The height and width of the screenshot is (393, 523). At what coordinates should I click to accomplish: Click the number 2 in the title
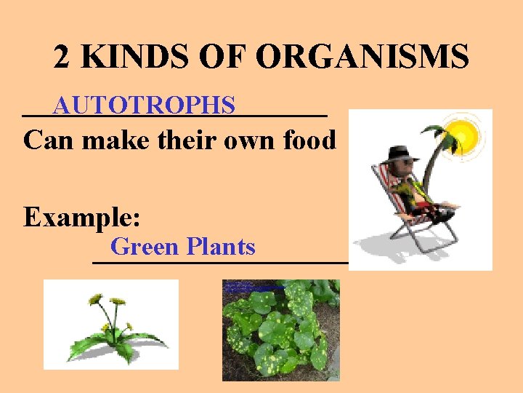62,57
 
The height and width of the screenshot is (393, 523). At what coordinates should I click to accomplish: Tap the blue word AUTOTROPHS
144,106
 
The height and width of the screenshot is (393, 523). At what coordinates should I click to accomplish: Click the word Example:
82,217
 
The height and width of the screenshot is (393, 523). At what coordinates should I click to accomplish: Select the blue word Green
145,247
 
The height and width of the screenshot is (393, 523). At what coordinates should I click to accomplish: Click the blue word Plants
221,247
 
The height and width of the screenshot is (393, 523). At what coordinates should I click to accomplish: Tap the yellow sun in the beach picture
462,135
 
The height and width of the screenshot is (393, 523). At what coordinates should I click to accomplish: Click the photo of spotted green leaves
280,330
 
